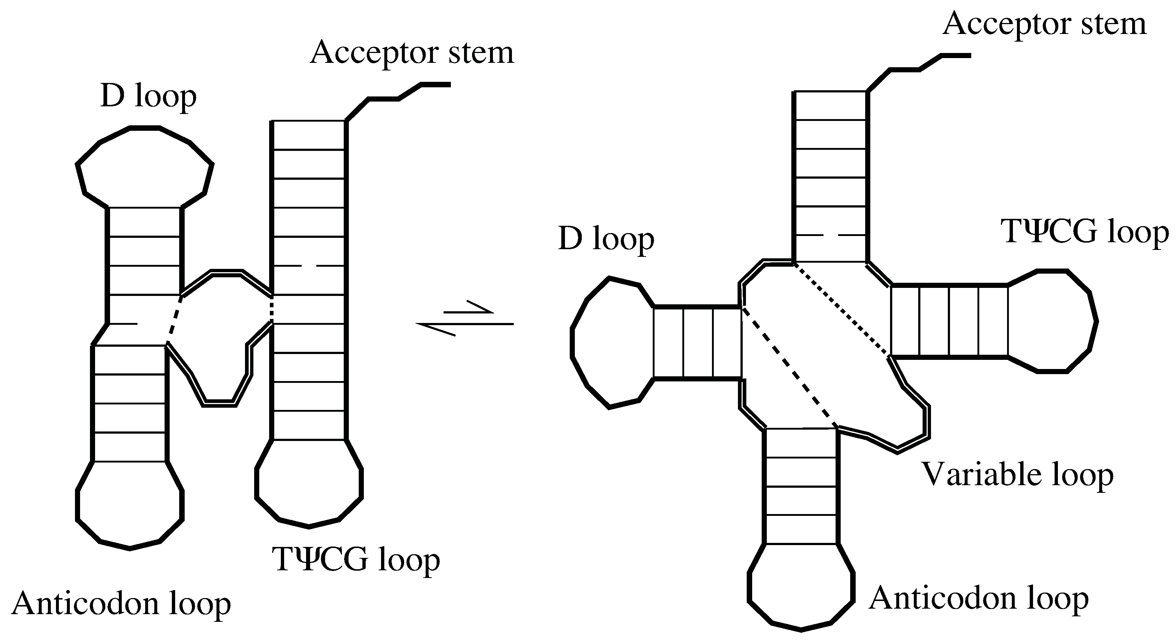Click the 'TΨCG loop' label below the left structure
356,560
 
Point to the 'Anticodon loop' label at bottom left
121,604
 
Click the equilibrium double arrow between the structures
465,318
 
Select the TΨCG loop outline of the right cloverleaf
1096,321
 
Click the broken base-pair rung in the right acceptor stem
830,235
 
